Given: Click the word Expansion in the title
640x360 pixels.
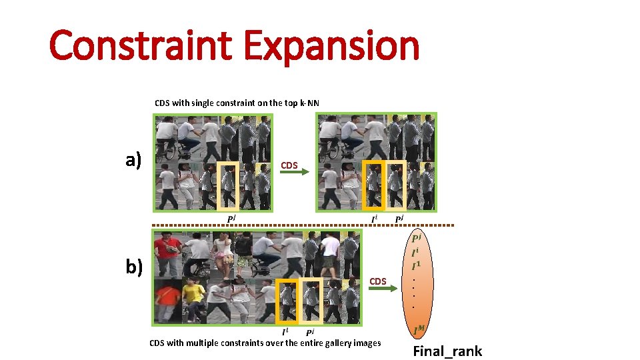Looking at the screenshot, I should point(331,46).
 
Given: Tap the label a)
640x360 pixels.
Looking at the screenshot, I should point(134,160).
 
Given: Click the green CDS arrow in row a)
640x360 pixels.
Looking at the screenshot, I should point(293,173).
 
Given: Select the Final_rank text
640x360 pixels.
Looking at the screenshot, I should point(447,351).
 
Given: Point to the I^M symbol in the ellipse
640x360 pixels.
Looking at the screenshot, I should point(419,328).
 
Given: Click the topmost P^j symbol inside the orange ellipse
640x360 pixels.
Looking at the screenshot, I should point(417,239).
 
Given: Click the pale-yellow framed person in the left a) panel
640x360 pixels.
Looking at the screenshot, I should point(228,186).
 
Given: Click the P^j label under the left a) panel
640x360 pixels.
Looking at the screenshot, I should point(232,219).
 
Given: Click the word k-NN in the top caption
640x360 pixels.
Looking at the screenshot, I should point(309,103).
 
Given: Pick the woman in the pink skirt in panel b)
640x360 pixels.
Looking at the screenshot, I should point(223,253).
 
